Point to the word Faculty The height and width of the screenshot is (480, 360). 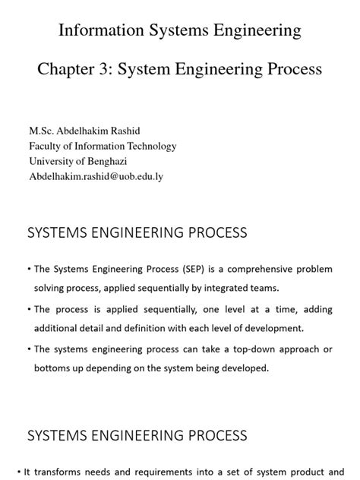pos(47,147)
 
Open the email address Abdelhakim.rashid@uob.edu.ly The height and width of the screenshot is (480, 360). pos(96,176)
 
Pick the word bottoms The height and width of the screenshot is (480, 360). pos(54,368)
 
